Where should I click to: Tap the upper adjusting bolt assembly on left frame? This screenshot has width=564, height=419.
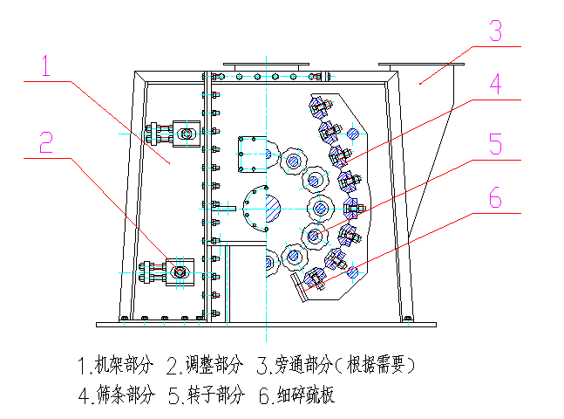click(x=173, y=134)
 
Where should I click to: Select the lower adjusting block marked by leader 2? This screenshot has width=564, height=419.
click(x=179, y=272)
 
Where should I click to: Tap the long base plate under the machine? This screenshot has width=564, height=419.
click(x=266, y=325)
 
